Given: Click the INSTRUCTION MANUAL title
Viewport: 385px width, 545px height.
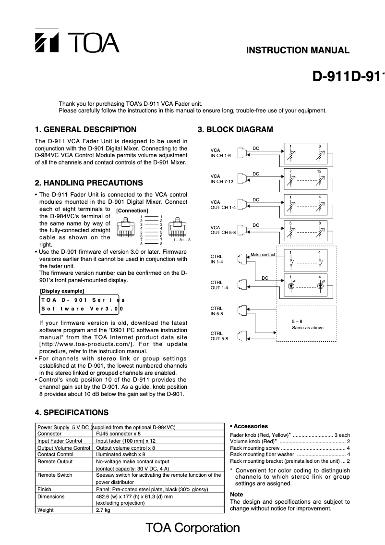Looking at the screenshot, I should point(298,50).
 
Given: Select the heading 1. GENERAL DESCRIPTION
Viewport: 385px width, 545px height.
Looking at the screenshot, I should point(85,129).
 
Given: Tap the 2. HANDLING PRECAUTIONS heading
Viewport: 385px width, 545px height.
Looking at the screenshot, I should point(89,183).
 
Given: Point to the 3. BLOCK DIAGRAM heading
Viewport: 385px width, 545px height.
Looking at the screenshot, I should point(235,129).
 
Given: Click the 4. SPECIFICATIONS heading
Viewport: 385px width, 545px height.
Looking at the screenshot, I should point(72,412).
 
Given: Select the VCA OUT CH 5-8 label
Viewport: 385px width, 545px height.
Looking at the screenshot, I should point(223,229).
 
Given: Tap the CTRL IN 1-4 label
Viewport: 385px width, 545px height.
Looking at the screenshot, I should point(217,259).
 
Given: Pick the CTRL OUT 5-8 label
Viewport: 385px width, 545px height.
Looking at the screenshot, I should point(219,335).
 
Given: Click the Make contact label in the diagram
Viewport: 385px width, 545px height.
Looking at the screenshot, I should point(263,254).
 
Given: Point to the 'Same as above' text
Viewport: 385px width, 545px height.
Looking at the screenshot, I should point(308,328).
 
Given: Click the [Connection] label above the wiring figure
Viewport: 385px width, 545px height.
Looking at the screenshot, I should point(132,211).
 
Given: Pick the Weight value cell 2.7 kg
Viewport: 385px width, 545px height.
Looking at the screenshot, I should point(103,510).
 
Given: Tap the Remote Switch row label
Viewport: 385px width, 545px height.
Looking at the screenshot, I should point(55,475).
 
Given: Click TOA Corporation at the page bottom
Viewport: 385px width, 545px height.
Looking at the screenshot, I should point(192,528).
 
